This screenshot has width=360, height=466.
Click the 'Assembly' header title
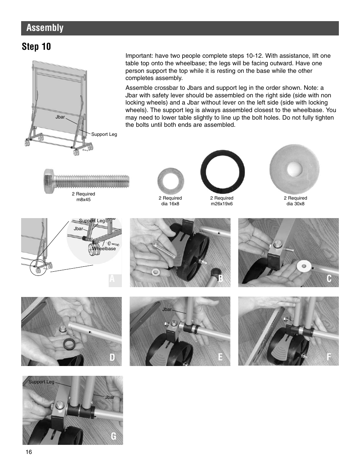45,28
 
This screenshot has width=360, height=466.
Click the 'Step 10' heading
36,47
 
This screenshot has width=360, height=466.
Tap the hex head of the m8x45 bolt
49,181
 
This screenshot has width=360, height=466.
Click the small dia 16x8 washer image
171,180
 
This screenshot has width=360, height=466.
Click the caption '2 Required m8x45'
83,197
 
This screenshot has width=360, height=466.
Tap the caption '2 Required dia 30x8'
295,201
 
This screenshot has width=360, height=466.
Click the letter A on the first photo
112,279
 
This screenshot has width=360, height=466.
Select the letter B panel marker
220,279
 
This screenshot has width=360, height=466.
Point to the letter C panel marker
329,279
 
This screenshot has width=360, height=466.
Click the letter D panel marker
112,357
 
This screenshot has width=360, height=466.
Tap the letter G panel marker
114,436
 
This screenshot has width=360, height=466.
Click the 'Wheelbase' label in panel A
104,249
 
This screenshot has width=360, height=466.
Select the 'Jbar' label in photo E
167,309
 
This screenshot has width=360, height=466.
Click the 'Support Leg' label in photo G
42,382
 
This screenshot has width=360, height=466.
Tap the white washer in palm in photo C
304,266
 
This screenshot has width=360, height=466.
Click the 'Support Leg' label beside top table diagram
104,134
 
